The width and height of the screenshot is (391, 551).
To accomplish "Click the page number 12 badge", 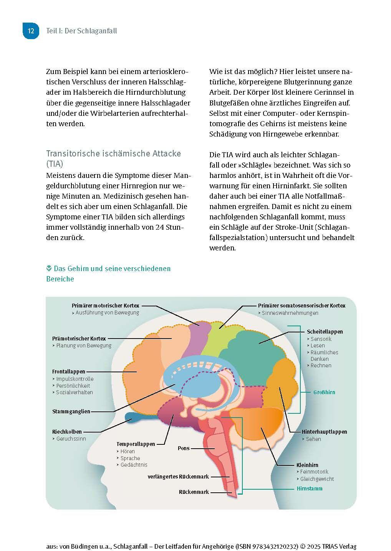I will [31, 31].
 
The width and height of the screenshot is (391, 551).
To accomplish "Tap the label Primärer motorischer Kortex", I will [105, 306].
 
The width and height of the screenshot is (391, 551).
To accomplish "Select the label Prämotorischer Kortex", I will [79, 339].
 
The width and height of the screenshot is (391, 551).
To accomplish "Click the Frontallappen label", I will [68, 372].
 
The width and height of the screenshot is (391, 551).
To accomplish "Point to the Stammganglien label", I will [71, 411].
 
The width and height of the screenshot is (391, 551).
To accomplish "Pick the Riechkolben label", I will [67, 432].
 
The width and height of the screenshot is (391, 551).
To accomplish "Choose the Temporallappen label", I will [136, 444].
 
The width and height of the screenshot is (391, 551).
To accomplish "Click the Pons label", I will [184, 448].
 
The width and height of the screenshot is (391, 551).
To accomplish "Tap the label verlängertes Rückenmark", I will [178, 477].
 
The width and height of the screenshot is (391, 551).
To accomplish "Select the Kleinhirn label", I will [307, 465].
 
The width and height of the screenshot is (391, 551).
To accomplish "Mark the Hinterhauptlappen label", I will [324, 432].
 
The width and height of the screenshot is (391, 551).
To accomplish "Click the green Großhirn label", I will [324, 392].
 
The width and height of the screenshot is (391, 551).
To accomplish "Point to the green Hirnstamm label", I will [310, 488].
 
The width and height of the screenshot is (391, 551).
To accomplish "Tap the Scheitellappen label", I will [325, 332].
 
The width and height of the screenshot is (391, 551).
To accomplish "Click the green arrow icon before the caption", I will [49, 268].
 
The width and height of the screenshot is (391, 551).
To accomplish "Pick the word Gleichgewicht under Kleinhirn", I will [317, 479].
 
